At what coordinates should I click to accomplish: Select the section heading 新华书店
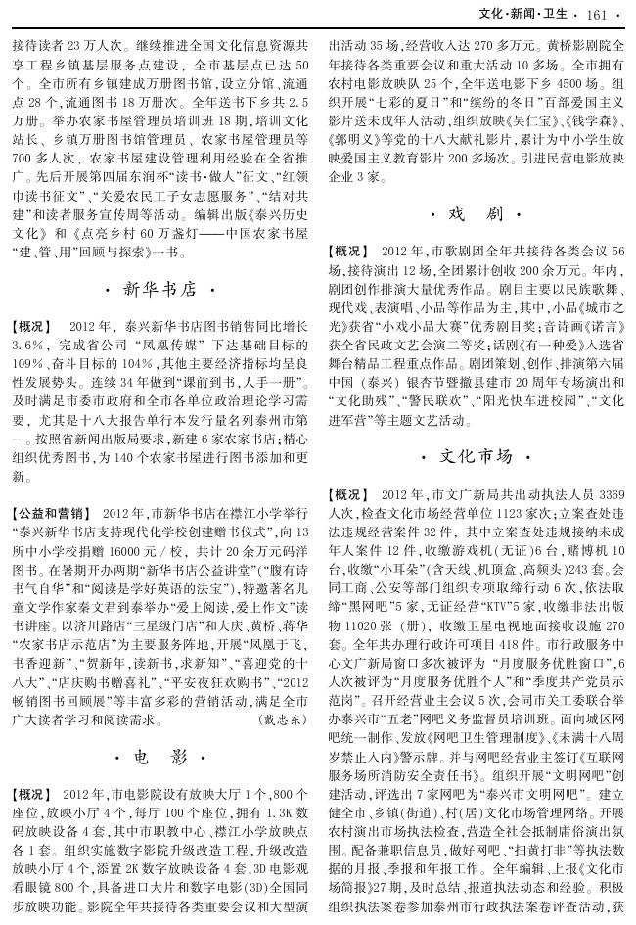(160, 290)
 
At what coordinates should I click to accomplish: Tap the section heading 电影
(159, 757)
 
